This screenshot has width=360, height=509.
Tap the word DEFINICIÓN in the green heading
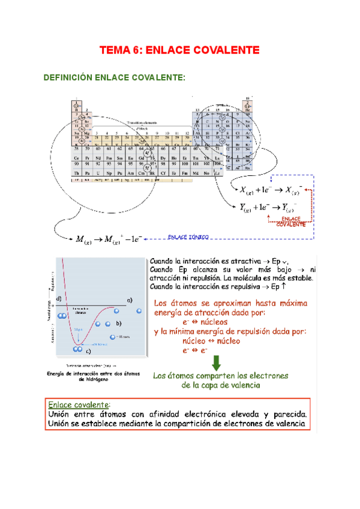[x=67, y=77]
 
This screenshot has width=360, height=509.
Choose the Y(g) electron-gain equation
[x=268, y=208]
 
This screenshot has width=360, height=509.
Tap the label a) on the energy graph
[x=129, y=299]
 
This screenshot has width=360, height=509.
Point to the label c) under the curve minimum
[x=88, y=351]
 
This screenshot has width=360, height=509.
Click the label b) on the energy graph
[x=119, y=324]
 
